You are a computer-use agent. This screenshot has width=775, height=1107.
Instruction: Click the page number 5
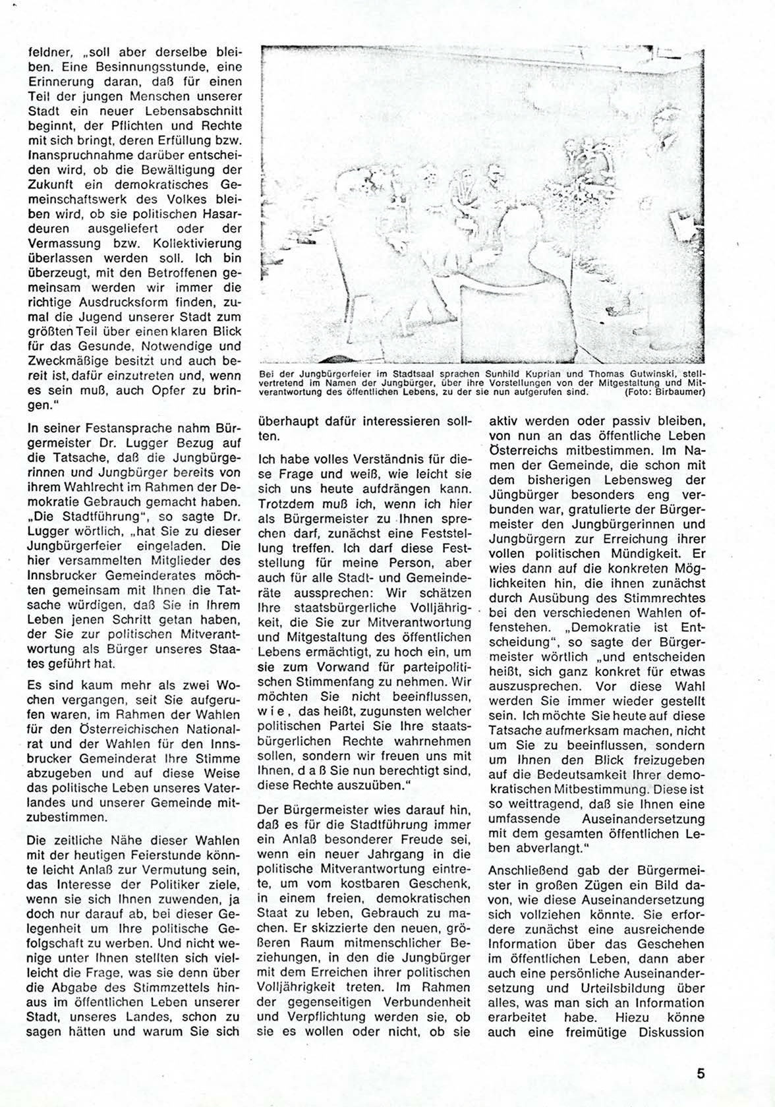point(701,1073)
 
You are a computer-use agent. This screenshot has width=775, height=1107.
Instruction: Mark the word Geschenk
point(438,882)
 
